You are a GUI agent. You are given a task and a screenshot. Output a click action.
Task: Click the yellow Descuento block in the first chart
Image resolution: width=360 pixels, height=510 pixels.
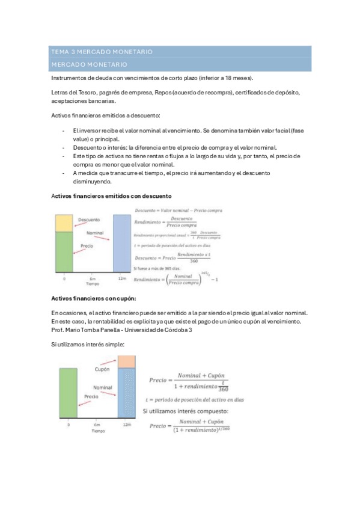(x=64, y=223)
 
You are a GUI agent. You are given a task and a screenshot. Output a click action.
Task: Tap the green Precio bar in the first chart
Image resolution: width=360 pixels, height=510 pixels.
(x=64, y=252)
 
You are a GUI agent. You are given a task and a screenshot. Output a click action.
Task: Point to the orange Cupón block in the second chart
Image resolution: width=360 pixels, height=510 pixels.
(x=126, y=361)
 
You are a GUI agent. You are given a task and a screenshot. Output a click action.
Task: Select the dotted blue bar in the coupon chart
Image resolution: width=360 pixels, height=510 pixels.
(x=126, y=392)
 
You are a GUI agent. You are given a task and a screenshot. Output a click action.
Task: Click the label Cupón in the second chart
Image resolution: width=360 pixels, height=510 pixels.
(x=102, y=369)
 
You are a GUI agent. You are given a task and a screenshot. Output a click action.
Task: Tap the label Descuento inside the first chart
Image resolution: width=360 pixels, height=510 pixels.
(x=88, y=220)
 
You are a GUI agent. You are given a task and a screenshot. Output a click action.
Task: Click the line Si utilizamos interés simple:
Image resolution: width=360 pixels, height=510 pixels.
(x=87, y=344)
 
